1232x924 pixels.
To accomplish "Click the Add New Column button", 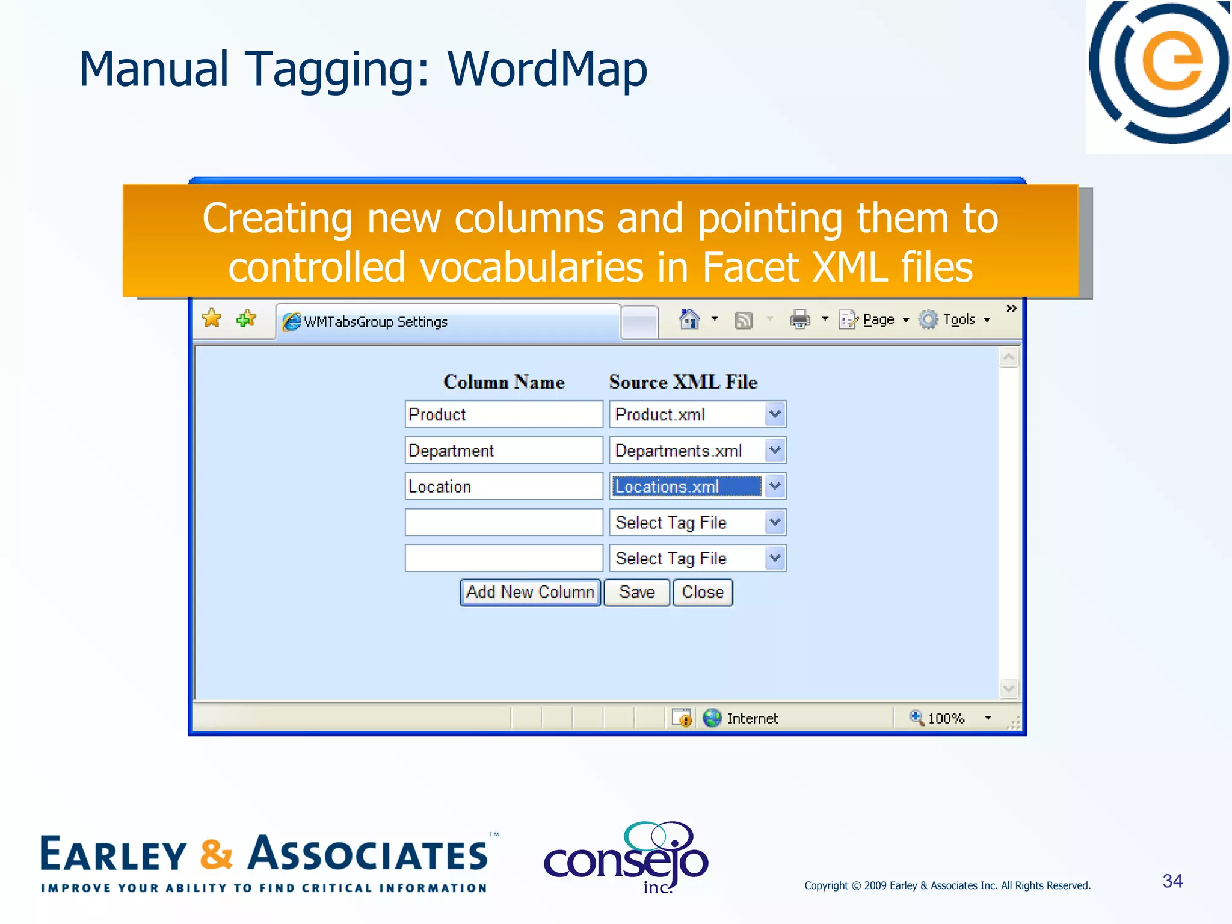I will [530, 593].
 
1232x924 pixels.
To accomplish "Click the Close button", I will [703, 593].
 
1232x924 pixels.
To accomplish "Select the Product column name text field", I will [504, 414].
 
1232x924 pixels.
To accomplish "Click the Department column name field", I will [504, 451].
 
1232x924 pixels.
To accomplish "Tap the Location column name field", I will [504, 487].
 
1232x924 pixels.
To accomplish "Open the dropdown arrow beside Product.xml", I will [775, 414].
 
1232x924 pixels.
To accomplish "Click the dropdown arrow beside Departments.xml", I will [775, 451].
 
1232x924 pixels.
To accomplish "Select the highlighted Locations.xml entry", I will [686, 487].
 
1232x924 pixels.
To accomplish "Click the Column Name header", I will [504, 382].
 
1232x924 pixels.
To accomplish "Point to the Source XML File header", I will [683, 382].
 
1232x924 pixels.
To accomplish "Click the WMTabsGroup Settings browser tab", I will [448, 322].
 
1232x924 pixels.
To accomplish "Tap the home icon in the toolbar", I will [689, 319].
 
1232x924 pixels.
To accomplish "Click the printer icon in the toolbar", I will [799, 319].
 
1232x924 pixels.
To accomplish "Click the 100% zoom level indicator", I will [945, 718].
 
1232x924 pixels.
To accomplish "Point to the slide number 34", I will [1172, 881].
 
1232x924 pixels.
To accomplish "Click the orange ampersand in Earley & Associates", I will [215, 855].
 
